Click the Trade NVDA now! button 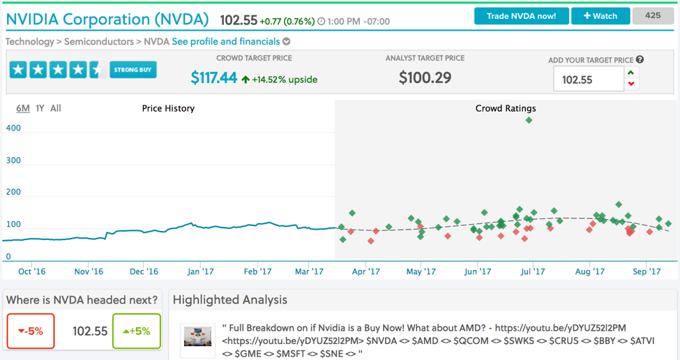[521, 16]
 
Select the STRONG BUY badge [133, 70]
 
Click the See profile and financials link [226, 42]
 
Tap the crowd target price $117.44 [214, 78]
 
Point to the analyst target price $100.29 [425, 77]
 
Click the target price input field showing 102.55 [588, 80]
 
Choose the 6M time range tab [23, 108]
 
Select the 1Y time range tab [40, 108]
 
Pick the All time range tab [56, 108]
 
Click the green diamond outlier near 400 [529, 120]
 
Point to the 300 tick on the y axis [13, 160]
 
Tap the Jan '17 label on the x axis [200, 271]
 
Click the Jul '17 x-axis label [532, 271]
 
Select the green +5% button [137, 331]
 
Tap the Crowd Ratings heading [506, 108]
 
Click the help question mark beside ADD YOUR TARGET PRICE [640, 60]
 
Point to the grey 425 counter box [653, 15]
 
